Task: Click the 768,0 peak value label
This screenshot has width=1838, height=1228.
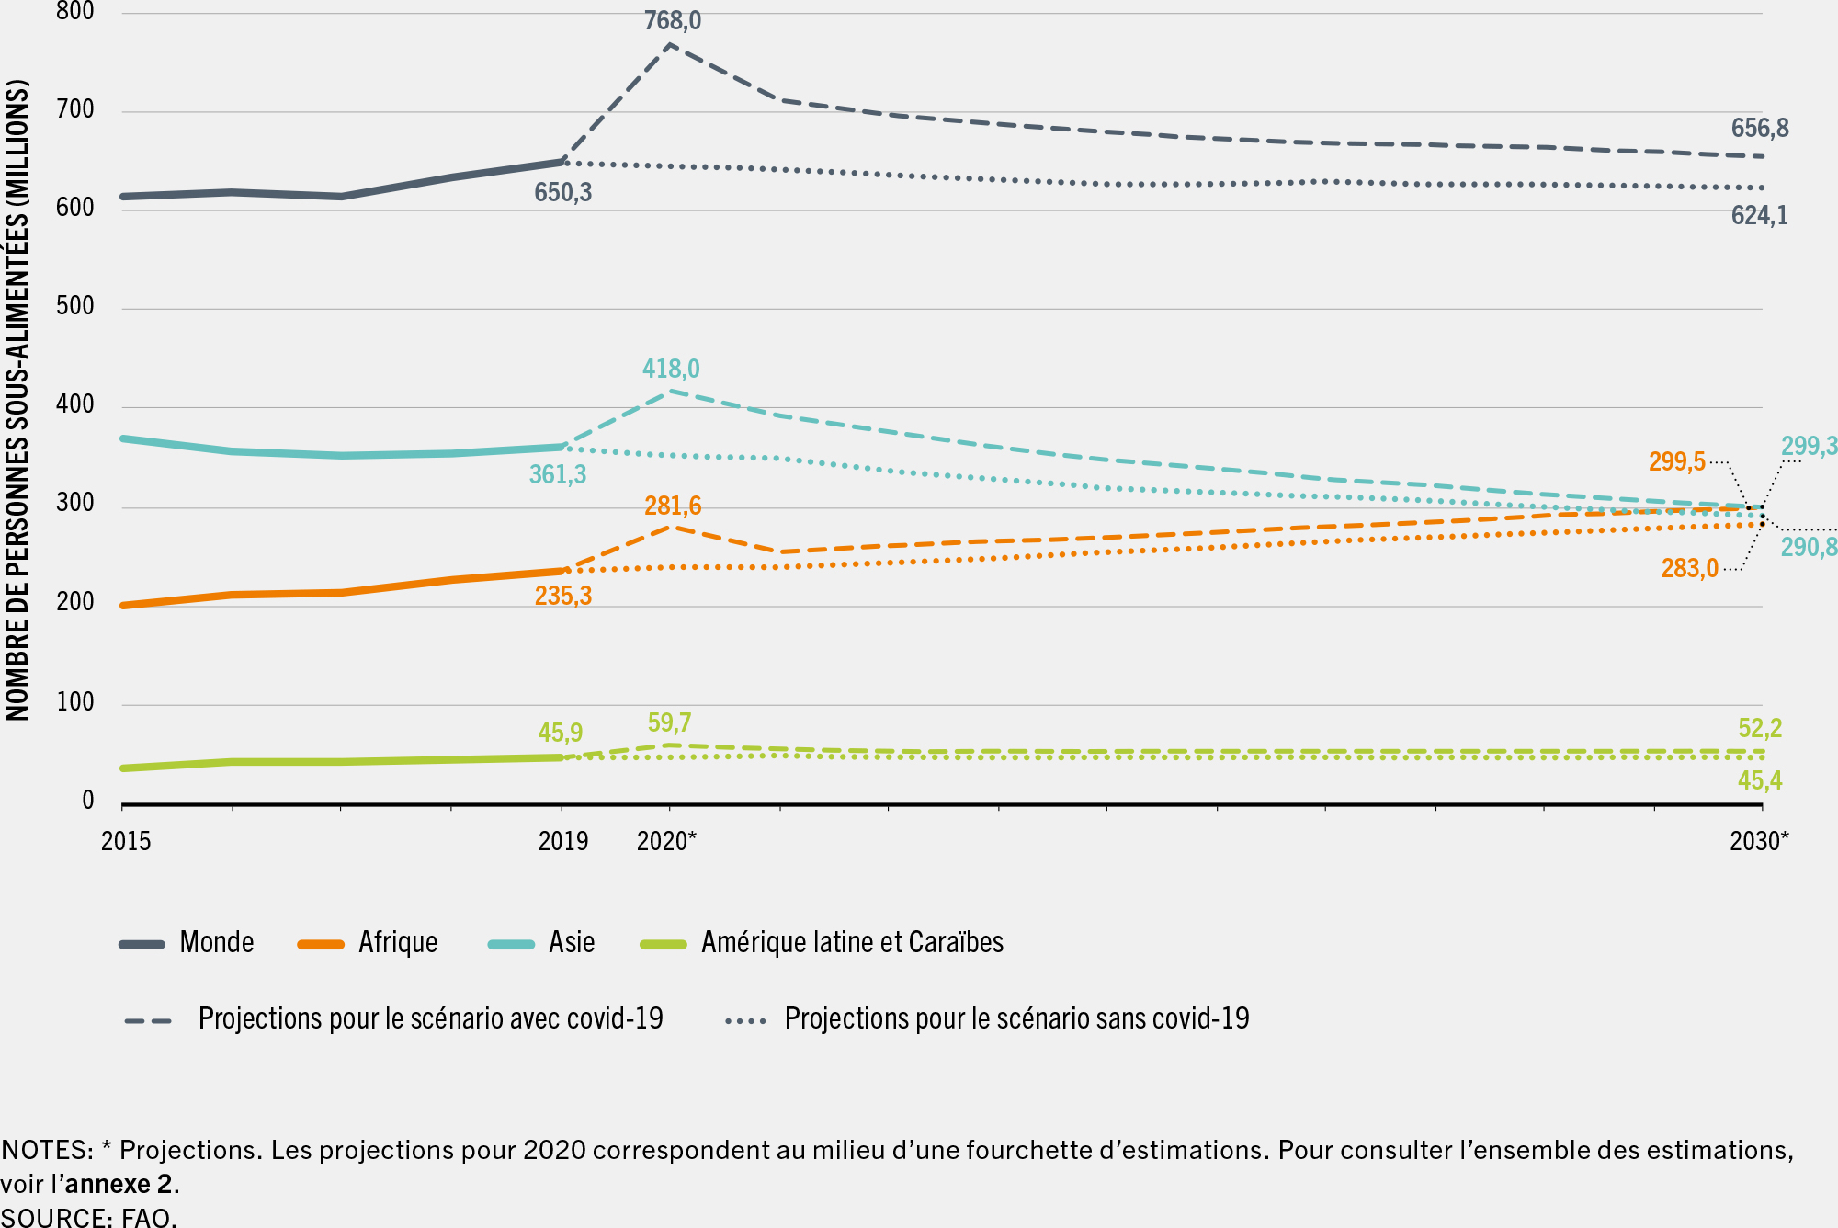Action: coord(672,20)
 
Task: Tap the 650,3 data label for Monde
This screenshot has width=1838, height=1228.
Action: coord(562,192)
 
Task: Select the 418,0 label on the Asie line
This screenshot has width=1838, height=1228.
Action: coord(670,369)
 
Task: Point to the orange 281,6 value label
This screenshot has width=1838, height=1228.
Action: coord(672,506)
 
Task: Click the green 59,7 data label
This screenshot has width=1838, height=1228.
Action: coord(669,722)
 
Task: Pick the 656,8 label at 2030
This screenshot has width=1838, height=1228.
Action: coord(1759,128)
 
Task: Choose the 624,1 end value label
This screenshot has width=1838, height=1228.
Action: coord(1759,215)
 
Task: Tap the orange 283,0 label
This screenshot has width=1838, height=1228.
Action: coord(1689,568)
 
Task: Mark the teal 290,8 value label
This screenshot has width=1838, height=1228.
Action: coord(1808,547)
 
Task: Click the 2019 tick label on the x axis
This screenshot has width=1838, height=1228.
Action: coord(562,841)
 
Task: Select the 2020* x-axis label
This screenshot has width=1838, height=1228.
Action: coord(666,841)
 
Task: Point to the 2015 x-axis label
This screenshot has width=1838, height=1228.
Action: coord(126,841)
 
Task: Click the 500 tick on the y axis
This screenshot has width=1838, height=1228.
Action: coord(75,306)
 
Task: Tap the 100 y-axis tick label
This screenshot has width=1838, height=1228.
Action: coord(75,702)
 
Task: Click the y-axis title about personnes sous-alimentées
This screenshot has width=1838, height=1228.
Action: coord(17,400)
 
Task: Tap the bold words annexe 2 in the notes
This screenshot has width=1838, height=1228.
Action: coord(119,1183)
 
